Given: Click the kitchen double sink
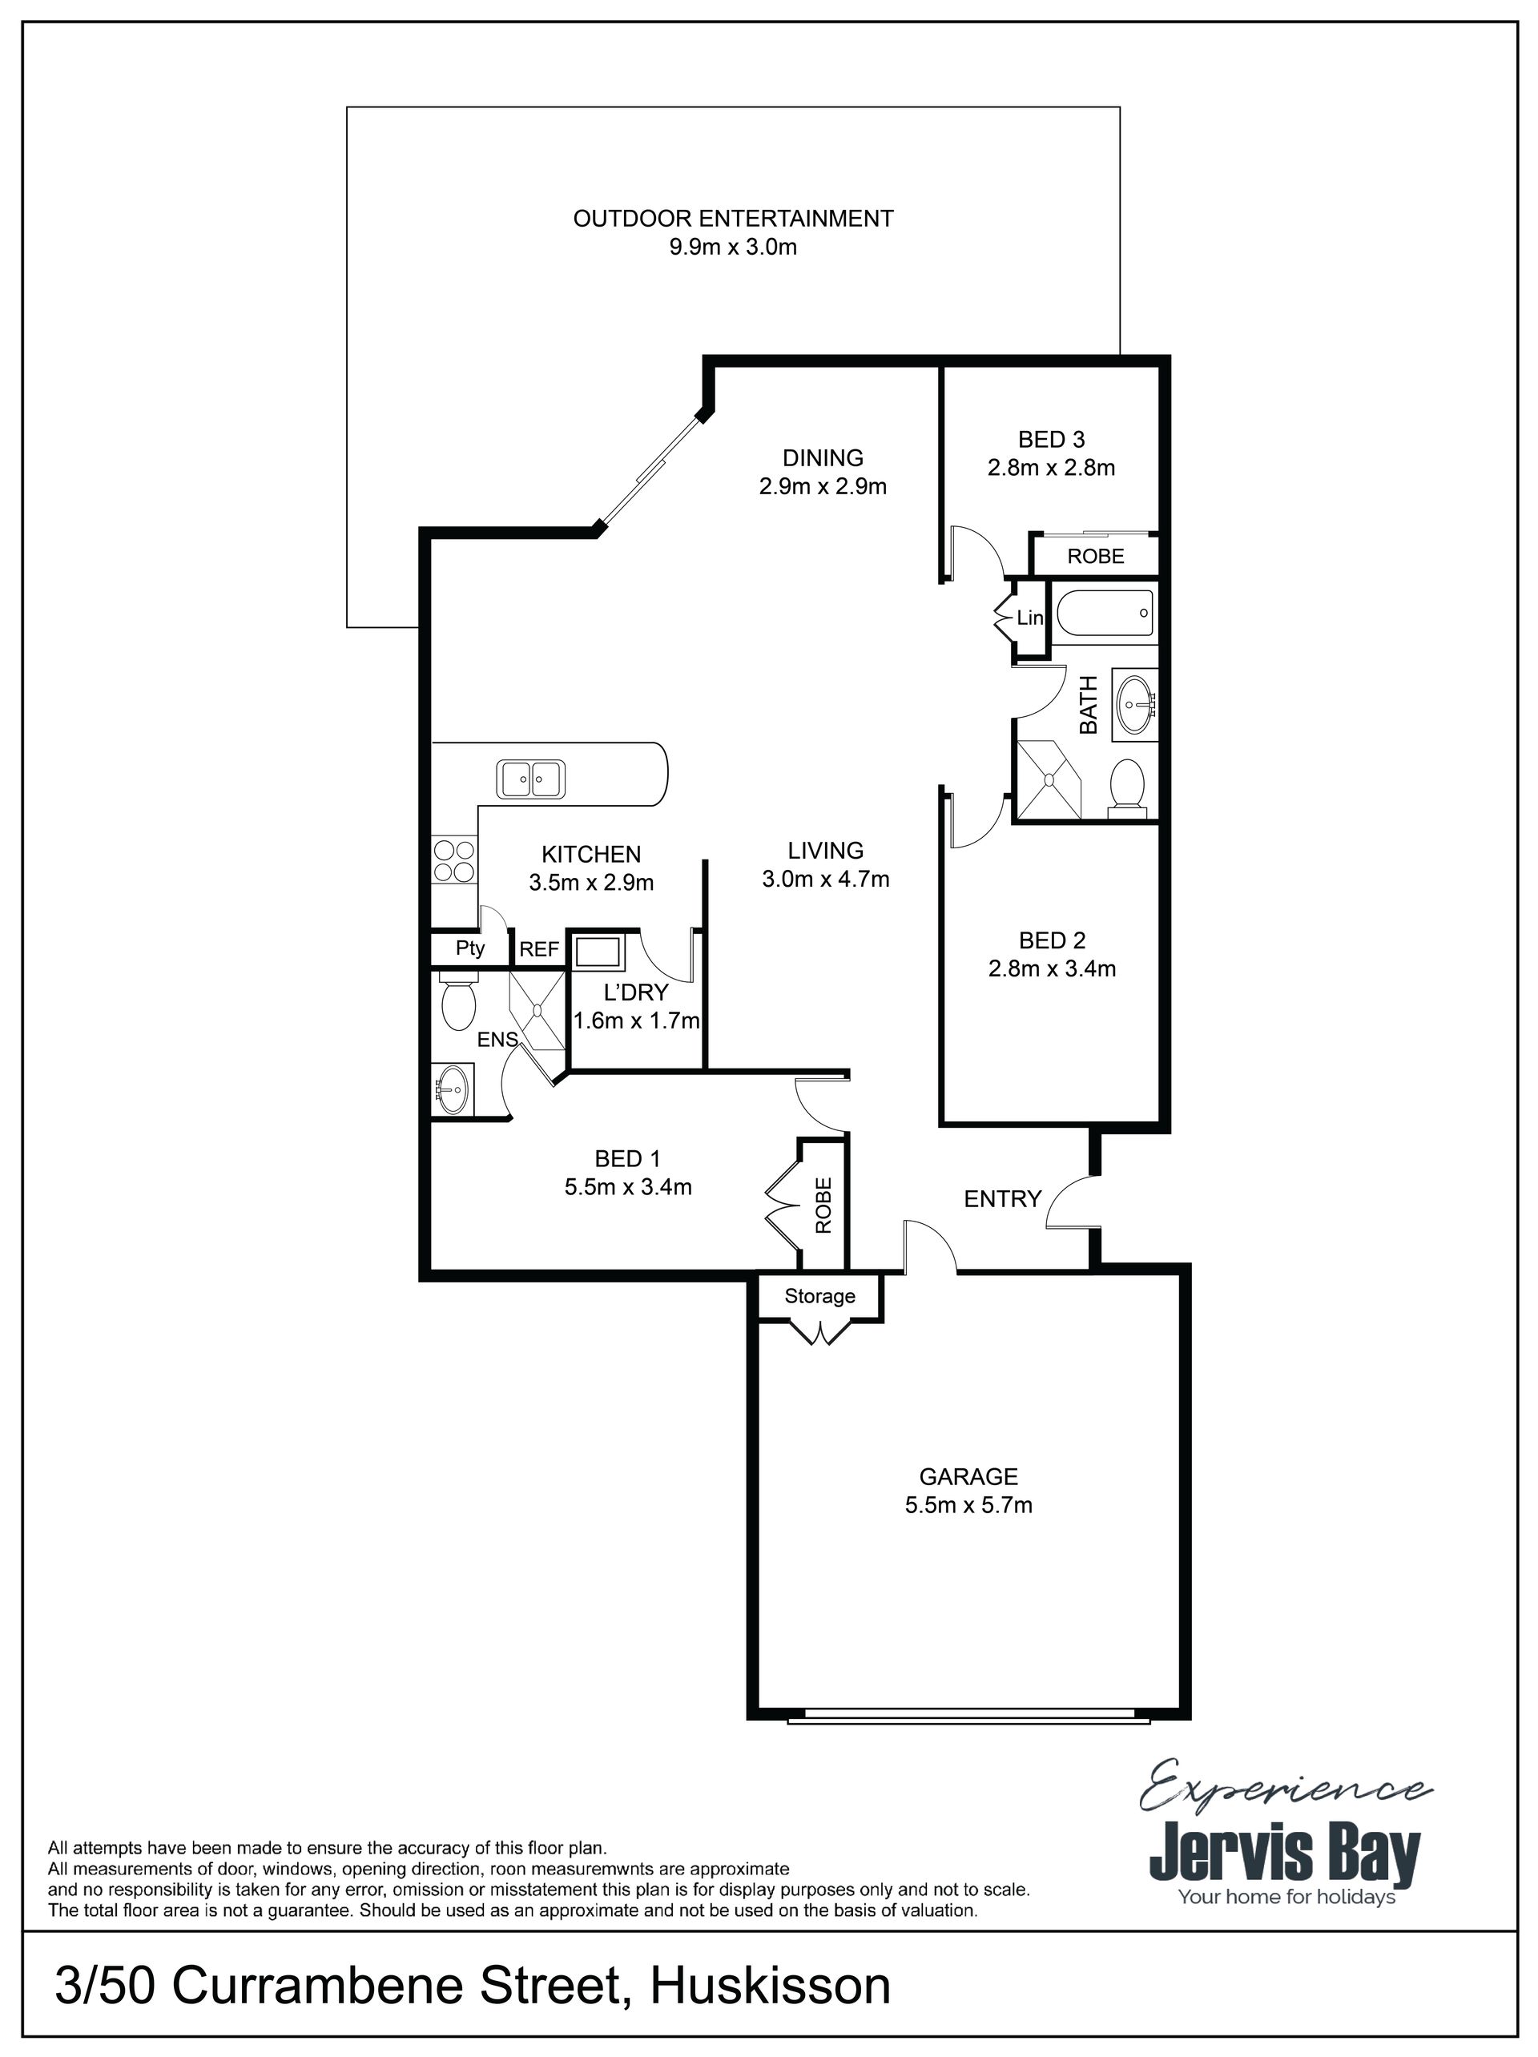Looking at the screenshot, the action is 531,779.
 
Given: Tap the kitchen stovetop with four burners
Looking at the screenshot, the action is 453,861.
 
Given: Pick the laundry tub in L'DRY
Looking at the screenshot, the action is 598,952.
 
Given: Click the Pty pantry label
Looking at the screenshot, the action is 470,948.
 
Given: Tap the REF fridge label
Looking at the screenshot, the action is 539,949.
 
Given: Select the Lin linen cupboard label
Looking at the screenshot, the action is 1030,618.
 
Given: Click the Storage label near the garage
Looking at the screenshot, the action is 819,1296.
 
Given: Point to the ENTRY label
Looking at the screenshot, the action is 1002,1200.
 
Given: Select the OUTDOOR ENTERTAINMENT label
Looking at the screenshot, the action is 733,219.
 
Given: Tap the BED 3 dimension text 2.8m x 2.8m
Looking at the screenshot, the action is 1052,468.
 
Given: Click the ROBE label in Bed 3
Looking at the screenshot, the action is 1095,556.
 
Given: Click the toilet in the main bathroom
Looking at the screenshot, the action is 1128,787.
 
